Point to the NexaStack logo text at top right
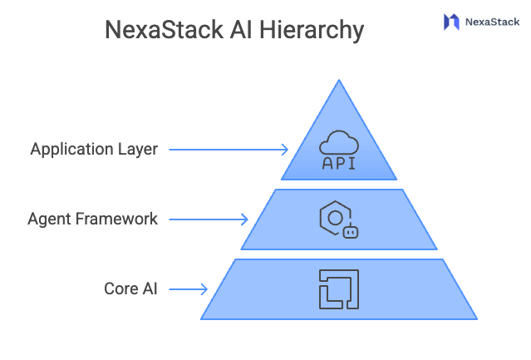(493, 22)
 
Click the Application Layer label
(94, 150)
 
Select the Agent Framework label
(92, 219)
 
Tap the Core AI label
(130, 289)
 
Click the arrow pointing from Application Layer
(229, 150)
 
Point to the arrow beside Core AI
(189, 289)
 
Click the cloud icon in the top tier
(338, 141)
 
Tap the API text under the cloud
(338, 163)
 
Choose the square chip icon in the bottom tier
(338, 288)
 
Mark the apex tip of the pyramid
(338, 81)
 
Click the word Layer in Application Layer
(138, 150)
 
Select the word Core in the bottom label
(120, 289)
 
